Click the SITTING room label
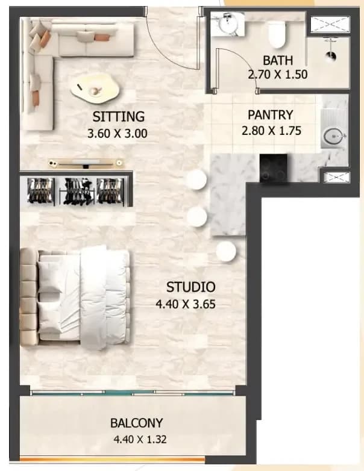[x=119, y=117]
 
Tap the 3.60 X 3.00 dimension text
[x=118, y=133]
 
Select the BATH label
[x=278, y=60]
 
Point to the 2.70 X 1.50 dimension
[x=278, y=74]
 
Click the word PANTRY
[x=270, y=115]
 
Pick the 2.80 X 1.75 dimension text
[x=271, y=131]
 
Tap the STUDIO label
[x=191, y=287]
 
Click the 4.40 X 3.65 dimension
[x=186, y=304]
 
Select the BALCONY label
[x=136, y=423]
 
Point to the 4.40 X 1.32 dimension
[x=140, y=440]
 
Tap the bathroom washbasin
[x=227, y=24]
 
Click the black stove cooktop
[x=273, y=167]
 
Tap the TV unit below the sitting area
[x=86, y=163]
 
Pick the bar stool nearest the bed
[x=226, y=251]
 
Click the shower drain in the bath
[x=331, y=55]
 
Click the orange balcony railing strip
[x=113, y=460]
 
